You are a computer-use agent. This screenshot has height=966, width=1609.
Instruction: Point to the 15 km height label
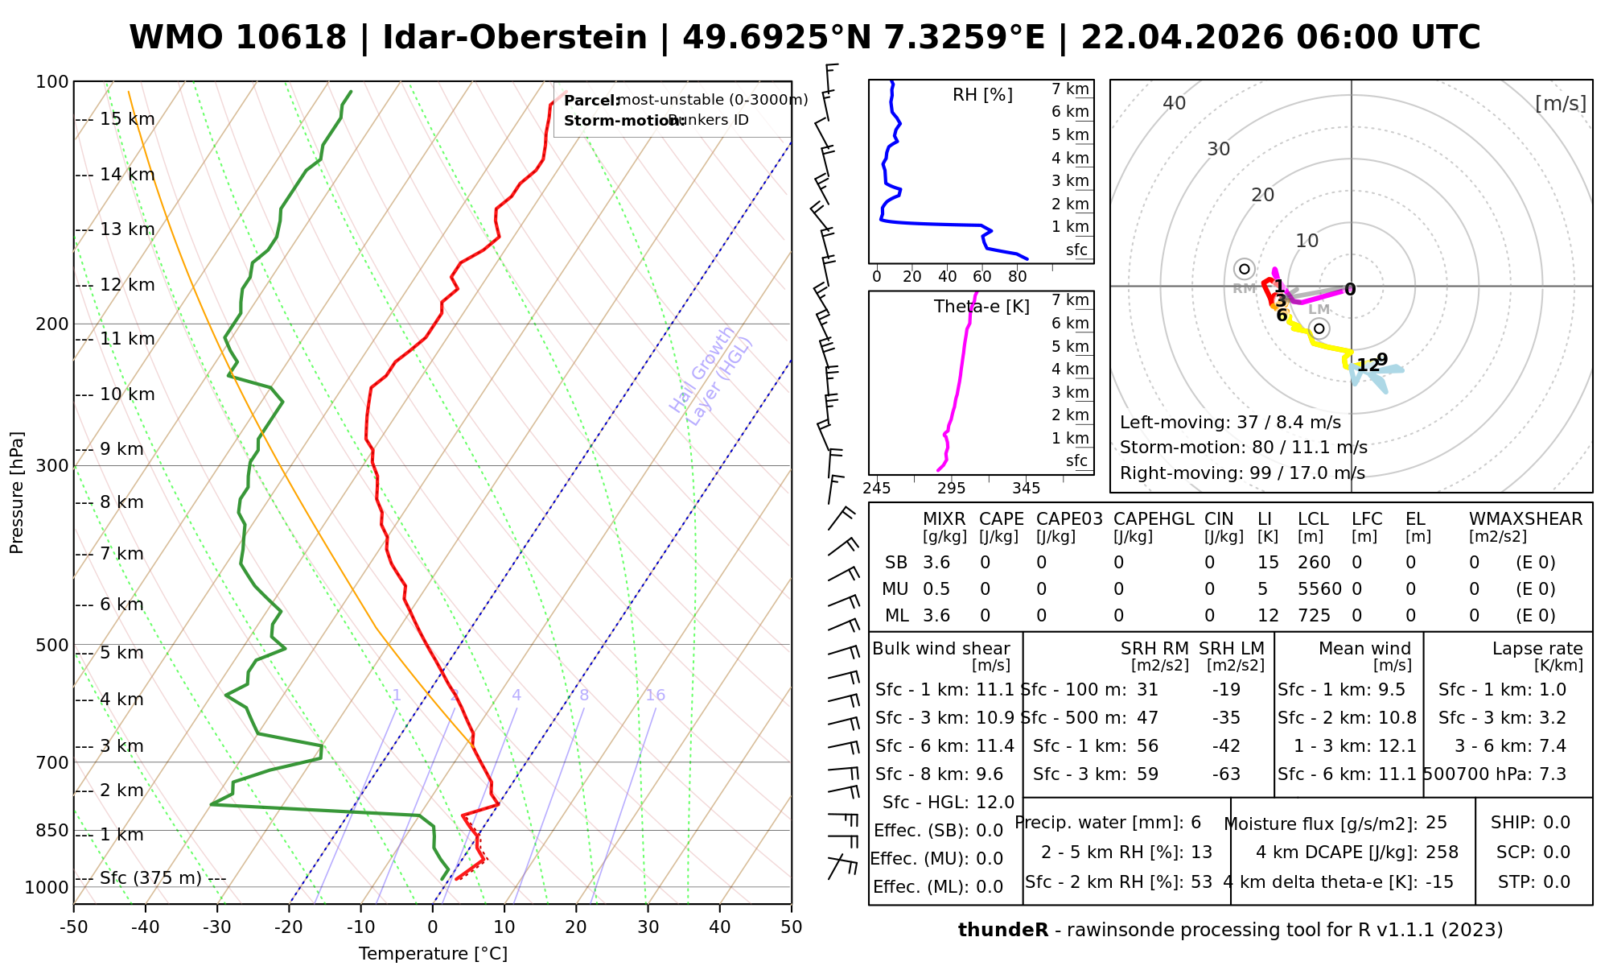[127, 120]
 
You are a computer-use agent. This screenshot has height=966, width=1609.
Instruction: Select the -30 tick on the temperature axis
[217, 927]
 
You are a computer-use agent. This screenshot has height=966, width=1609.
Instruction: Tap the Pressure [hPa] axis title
[17, 493]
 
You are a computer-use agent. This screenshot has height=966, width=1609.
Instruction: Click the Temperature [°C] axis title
[433, 954]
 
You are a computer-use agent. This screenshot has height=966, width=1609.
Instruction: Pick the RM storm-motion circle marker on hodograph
[1245, 269]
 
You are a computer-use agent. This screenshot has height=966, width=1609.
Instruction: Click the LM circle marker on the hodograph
[1319, 328]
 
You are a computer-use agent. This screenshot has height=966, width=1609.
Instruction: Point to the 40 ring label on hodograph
[1175, 103]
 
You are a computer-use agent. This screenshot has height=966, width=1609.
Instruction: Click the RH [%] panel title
[982, 95]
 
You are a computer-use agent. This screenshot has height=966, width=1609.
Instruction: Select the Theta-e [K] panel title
[981, 307]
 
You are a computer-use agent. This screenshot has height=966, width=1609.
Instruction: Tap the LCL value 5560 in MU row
[1319, 589]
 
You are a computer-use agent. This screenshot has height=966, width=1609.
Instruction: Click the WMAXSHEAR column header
[1525, 519]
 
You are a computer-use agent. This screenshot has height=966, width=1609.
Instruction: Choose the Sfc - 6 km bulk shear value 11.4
[995, 746]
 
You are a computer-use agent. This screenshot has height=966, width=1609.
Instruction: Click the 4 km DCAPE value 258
[1442, 852]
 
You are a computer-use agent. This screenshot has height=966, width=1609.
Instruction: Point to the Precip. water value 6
[1195, 823]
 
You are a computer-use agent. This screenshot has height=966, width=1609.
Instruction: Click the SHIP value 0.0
[1557, 823]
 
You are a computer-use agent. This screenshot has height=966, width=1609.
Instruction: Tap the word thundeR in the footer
[1003, 931]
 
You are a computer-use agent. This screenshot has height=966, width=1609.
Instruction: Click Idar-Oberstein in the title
[515, 38]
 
